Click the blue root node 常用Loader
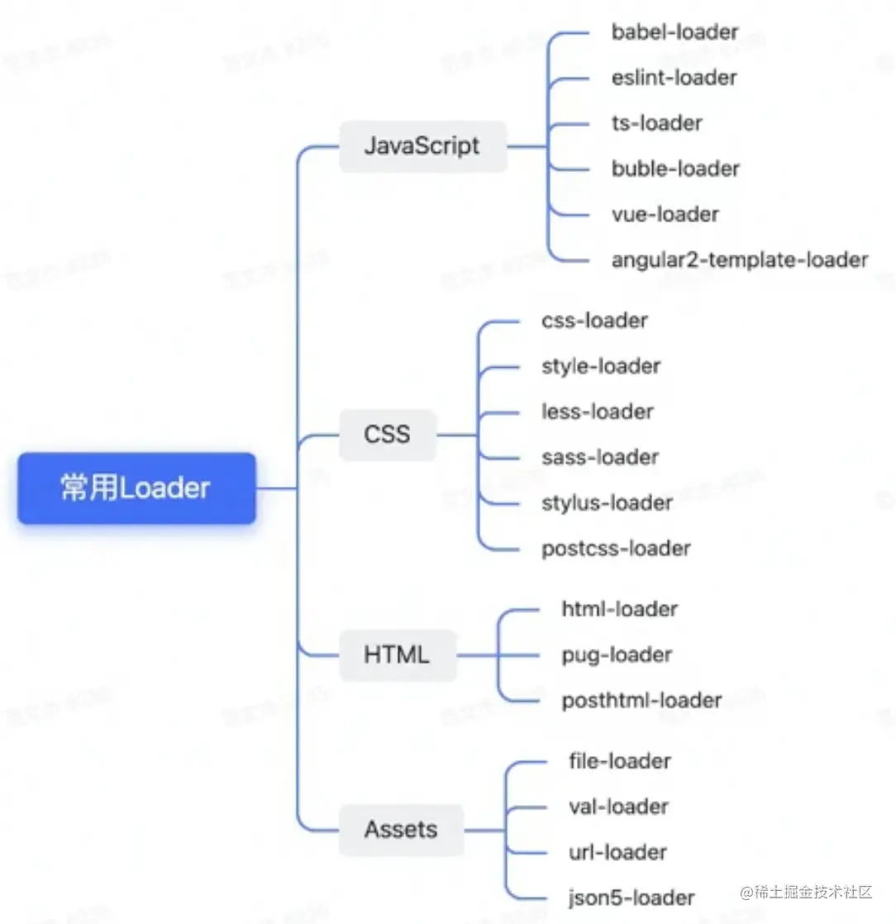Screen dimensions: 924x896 pos(136,488)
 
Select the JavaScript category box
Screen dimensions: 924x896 pos(422,146)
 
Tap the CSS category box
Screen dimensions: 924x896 pos(387,434)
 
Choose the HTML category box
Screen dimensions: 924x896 pos(397,655)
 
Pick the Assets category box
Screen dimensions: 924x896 pos(401,829)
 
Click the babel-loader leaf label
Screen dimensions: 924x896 pos(674,32)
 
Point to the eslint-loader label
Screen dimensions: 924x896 pos(674,78)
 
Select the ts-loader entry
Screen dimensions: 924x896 pos(656,123)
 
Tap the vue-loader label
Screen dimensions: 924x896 pos(665,214)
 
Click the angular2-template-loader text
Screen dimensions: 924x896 pos(740,260)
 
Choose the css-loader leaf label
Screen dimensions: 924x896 pos(594,320)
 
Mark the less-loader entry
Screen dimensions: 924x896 pos(597,411)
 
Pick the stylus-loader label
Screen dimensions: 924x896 pos(607,502)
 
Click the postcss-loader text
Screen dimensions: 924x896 pos(616,547)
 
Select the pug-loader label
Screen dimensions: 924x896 pos(617,655)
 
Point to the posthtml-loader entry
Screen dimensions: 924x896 pos(641,700)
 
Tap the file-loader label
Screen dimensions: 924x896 pos(620,760)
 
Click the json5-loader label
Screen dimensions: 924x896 pos(631,897)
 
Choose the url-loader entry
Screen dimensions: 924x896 pos(617,851)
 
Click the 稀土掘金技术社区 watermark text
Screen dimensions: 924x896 pos(805,892)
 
